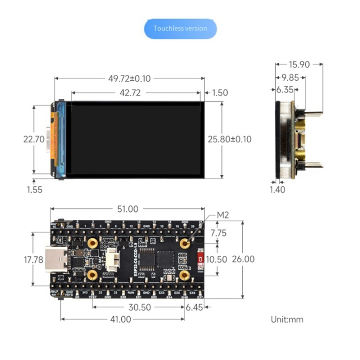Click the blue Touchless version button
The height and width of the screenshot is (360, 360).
(x=180, y=29)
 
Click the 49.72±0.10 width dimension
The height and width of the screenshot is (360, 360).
(x=130, y=78)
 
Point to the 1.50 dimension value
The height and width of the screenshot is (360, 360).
(x=220, y=92)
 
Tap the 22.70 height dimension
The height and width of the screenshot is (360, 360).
(x=33, y=140)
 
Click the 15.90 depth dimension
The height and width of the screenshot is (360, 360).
(x=299, y=64)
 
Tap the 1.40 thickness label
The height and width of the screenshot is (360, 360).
(x=277, y=189)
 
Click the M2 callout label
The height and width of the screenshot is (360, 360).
(x=223, y=215)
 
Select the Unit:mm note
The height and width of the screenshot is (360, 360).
(x=287, y=319)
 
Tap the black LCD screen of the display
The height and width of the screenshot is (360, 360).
(x=135, y=140)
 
